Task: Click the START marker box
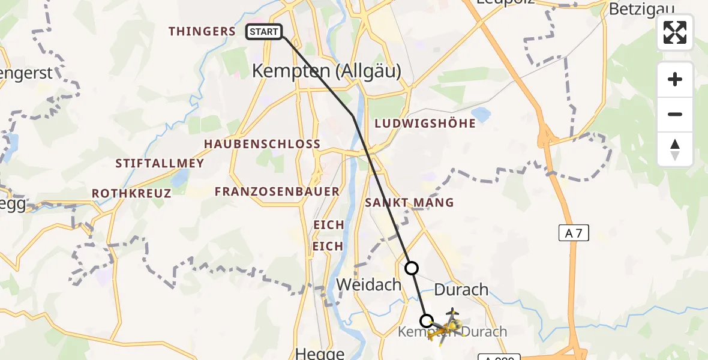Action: pyautogui.click(x=264, y=32)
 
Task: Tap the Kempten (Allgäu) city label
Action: pyautogui.click(x=326, y=71)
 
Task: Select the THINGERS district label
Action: pyautogui.click(x=202, y=31)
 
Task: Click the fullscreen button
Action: pyautogui.click(x=675, y=32)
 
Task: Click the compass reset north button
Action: pyautogui.click(x=675, y=149)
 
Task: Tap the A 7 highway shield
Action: pyautogui.click(x=574, y=233)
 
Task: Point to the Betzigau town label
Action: pyautogui.click(x=641, y=9)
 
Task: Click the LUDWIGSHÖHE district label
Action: pyautogui.click(x=425, y=124)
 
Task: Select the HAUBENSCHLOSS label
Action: pyautogui.click(x=262, y=145)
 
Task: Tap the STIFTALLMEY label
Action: pyautogui.click(x=160, y=163)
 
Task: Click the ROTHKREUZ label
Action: pyautogui.click(x=131, y=193)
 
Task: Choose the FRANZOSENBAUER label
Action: pyautogui.click(x=277, y=191)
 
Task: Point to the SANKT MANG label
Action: pyautogui.click(x=410, y=203)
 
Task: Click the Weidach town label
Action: pyautogui.click(x=368, y=284)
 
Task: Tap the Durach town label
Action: pyautogui.click(x=461, y=290)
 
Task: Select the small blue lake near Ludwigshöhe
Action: pyautogui.click(x=481, y=114)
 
